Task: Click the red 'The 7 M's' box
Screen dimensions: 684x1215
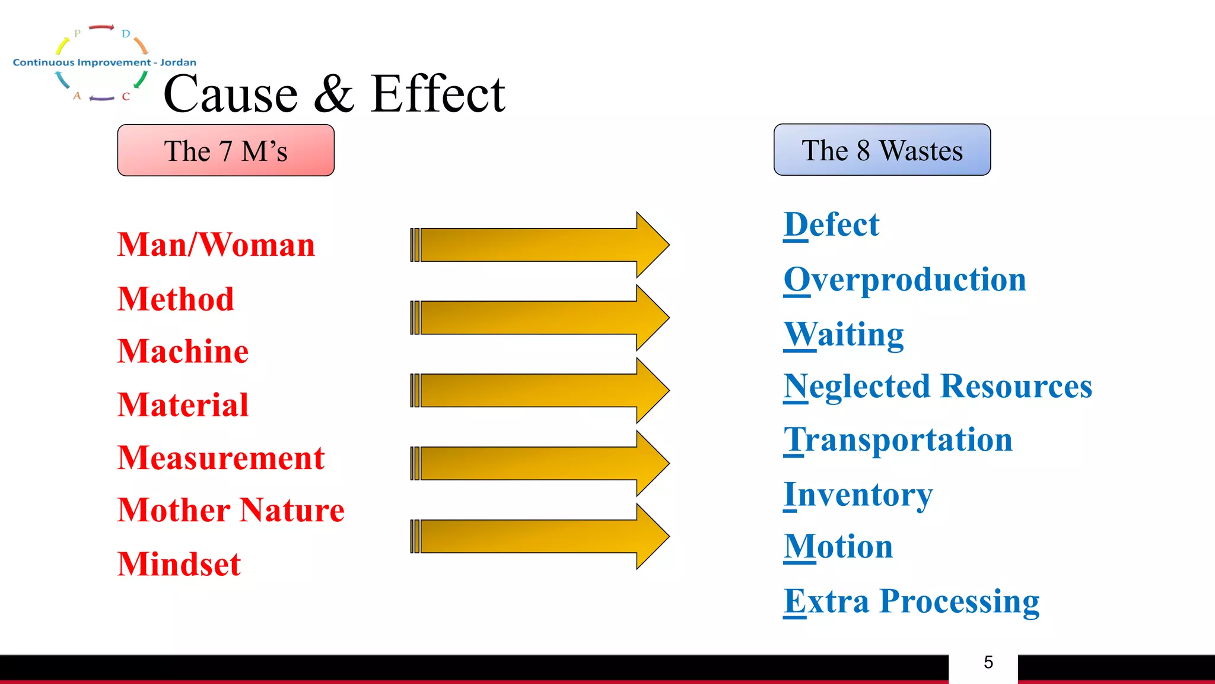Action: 226,150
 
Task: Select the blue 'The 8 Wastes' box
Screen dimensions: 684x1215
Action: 882,150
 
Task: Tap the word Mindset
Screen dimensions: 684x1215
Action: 179,563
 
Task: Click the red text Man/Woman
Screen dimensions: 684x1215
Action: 217,245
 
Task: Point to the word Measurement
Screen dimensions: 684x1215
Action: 221,458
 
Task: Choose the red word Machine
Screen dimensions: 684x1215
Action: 183,351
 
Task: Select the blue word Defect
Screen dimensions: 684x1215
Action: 831,224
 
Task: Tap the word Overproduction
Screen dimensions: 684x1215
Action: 905,279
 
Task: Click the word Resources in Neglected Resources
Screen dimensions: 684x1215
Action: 1016,386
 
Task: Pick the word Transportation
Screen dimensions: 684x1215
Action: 898,440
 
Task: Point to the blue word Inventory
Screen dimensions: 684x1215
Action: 858,494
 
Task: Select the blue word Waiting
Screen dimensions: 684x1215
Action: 844,334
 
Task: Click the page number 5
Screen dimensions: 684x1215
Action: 988,662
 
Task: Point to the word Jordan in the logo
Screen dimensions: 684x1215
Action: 178,62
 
